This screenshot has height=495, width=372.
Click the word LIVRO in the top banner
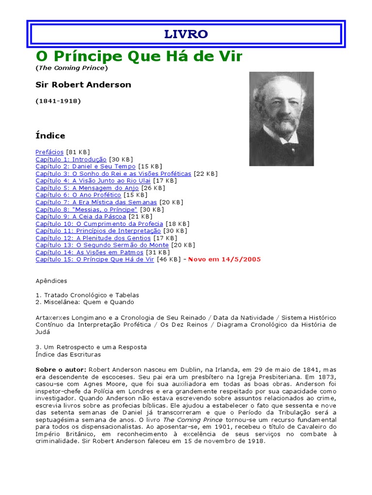186,34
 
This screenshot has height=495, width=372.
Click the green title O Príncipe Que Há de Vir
139,57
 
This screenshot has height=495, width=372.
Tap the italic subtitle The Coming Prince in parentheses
72,68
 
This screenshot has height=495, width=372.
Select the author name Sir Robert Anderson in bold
83,85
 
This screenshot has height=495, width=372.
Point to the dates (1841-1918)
58,101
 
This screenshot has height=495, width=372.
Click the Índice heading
50,136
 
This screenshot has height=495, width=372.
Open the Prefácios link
49,152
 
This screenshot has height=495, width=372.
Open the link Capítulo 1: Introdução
71,159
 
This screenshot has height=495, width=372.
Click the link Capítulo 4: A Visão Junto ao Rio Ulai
93,181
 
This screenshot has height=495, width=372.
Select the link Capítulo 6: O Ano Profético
78,195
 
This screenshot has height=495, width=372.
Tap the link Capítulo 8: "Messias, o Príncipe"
86,209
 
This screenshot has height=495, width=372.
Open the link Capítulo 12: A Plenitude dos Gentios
93,238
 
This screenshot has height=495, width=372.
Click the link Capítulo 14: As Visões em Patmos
89,252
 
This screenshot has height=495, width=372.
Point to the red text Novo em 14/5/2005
224,260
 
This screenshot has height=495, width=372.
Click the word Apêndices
51,281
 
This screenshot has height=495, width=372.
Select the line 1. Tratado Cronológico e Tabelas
88,295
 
